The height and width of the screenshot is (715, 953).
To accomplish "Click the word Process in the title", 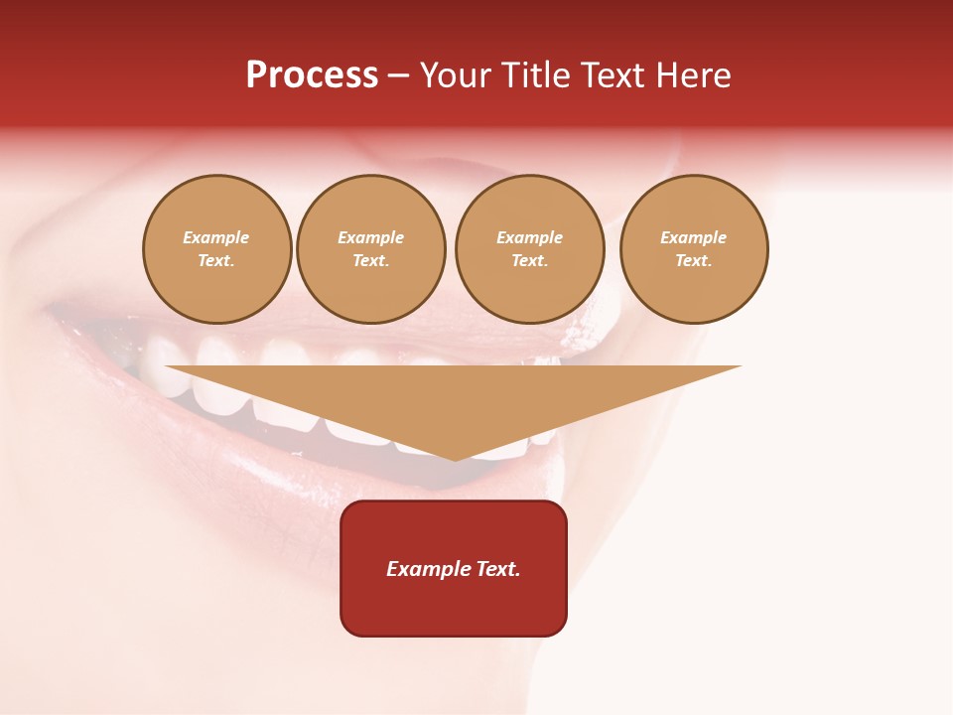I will coord(312,75).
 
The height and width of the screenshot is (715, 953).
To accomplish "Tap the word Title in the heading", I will coord(534,75).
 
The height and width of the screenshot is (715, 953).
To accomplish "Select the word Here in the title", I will coord(693,75).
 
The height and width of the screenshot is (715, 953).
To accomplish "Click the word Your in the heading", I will coord(458,75).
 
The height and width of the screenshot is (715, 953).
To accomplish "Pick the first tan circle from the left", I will coord(216,249).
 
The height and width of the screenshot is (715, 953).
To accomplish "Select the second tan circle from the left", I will coord(371,249).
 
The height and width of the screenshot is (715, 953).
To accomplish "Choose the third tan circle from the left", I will coord(529,249).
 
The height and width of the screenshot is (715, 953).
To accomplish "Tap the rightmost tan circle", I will coord(694,249).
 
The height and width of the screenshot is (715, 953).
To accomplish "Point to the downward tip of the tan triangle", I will coord(455,458).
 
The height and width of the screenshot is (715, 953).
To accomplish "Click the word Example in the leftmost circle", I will coord(216,237).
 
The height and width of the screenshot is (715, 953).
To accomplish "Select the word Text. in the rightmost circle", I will coord(694,261).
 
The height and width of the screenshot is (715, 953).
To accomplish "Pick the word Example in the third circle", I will coord(529,237).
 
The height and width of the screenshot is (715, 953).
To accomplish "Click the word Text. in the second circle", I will coord(371,261).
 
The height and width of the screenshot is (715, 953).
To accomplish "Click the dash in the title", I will coord(398,76).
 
